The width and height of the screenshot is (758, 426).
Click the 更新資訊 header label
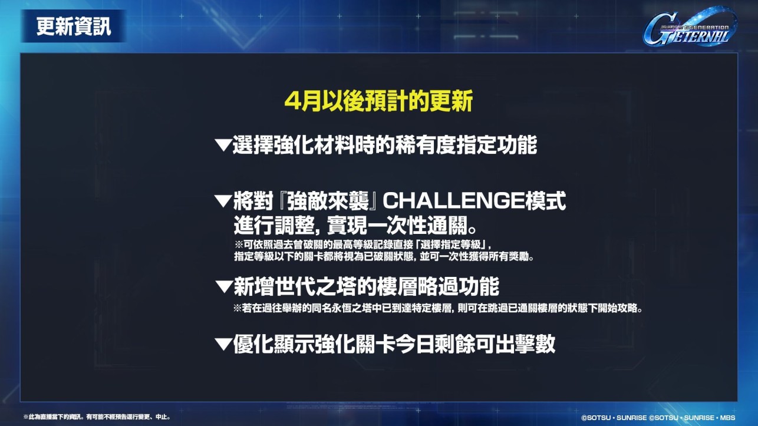tap(74, 26)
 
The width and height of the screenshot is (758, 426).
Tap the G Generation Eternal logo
tap(690, 27)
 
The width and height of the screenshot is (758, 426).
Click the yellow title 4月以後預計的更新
tap(378, 101)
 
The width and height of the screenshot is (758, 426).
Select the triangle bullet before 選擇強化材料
tap(223, 145)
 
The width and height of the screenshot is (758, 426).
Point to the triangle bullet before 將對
tap(223, 201)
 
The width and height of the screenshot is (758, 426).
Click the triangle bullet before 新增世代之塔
tap(223, 286)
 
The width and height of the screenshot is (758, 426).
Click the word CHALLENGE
tap(454, 201)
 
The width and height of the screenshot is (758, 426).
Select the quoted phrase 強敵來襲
tap(328, 201)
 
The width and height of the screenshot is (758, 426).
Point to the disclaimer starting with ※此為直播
tap(97, 417)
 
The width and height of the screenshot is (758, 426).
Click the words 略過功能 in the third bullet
tap(459, 286)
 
